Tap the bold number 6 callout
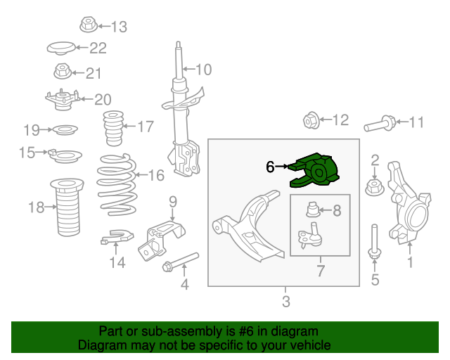click(x=270, y=167)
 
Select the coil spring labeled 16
click(x=117, y=184)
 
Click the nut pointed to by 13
click(x=89, y=25)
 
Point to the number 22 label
click(x=98, y=48)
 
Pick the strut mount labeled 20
click(x=63, y=99)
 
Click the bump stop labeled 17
click(x=113, y=128)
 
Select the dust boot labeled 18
click(x=67, y=207)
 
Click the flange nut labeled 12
click(x=311, y=120)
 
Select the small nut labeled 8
click(x=312, y=210)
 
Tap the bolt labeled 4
click(x=181, y=262)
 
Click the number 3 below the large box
click(x=286, y=302)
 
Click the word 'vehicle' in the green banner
click(x=313, y=345)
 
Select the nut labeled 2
click(x=374, y=188)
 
